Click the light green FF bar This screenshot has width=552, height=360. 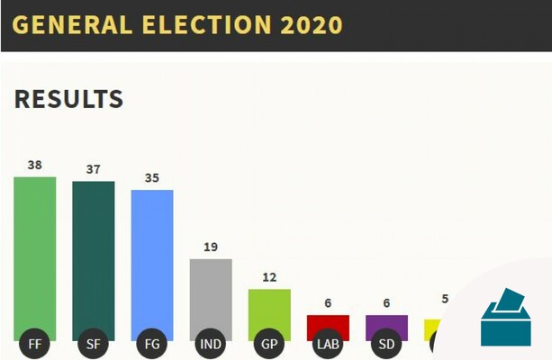(x=34, y=252)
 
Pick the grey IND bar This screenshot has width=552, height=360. (x=211, y=293)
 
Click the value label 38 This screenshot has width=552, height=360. (x=34, y=165)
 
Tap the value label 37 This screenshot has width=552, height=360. (x=93, y=169)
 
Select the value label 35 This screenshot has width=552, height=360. (x=151, y=177)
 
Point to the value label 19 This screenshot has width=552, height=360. (x=211, y=247)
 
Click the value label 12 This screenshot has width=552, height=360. (x=269, y=277)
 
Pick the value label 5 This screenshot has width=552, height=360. (x=444, y=299)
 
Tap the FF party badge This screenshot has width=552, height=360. (x=34, y=343)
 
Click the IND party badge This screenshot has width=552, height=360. (x=211, y=343)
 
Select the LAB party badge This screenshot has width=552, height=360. (x=328, y=343)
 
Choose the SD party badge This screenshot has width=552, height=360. (x=386, y=343)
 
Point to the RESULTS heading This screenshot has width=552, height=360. (x=68, y=99)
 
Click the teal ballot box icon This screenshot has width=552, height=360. (x=506, y=319)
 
